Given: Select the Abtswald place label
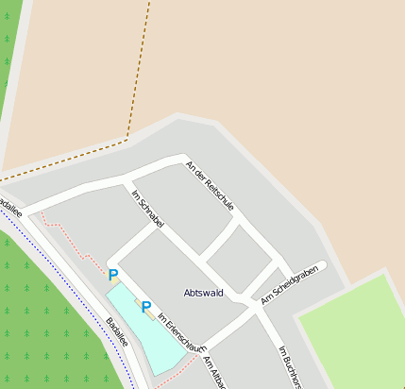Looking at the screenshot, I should click(x=203, y=293).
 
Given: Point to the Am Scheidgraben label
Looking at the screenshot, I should click(x=290, y=282).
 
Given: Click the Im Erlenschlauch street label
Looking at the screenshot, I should click(x=178, y=331).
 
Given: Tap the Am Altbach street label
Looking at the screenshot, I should click(x=213, y=372).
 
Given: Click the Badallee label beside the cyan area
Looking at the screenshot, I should click(x=117, y=331).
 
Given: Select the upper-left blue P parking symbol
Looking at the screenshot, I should click(x=113, y=276).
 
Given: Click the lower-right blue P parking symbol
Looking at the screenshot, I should click(x=145, y=308).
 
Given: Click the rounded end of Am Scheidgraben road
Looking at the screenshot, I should click(x=322, y=265).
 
